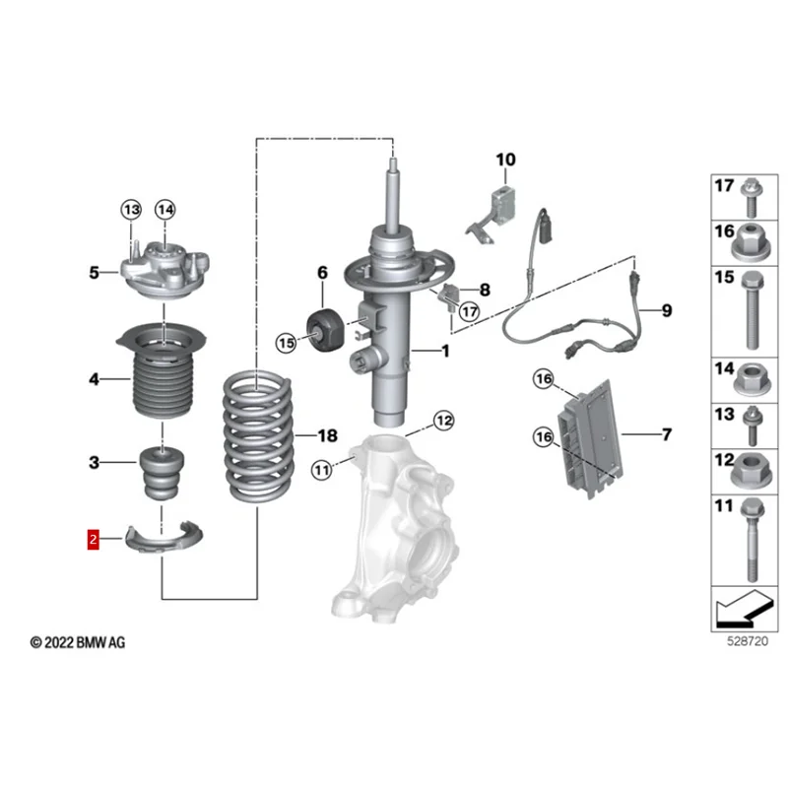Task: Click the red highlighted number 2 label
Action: click(x=93, y=539)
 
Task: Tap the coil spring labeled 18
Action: click(x=258, y=433)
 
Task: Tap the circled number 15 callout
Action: click(x=286, y=343)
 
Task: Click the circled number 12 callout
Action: click(x=444, y=421)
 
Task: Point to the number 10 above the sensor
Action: click(x=505, y=160)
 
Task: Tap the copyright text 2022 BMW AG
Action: click(x=79, y=642)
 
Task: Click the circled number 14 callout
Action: click(x=164, y=209)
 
